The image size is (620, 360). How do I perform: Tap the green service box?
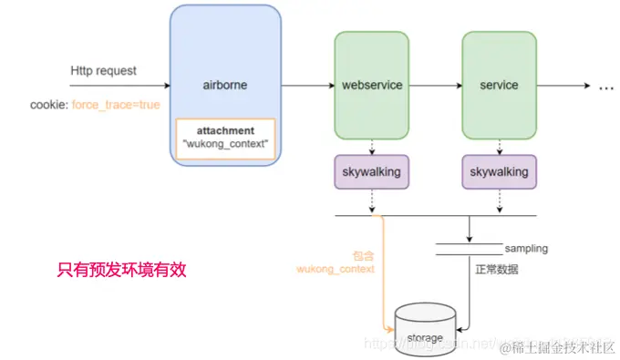498,85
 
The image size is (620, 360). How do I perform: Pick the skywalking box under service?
498,171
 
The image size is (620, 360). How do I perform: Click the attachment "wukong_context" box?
224,139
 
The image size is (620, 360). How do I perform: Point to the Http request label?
103,70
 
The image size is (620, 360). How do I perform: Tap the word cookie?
49,105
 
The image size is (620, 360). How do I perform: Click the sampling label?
527,248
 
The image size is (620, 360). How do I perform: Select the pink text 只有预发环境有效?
121,269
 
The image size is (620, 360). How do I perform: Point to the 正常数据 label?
498,269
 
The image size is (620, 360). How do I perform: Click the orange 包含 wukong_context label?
336,262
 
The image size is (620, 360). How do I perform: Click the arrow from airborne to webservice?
307,86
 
